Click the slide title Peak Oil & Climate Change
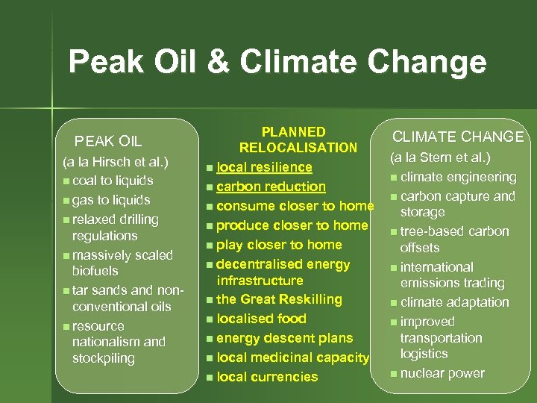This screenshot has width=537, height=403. [x=277, y=62]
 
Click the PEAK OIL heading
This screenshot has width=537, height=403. [x=108, y=141]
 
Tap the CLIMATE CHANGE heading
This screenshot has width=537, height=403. [x=458, y=137]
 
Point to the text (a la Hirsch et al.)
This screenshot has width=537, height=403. [x=116, y=161]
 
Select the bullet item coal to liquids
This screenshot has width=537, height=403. [x=113, y=181]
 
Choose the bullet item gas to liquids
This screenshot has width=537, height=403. [x=111, y=200]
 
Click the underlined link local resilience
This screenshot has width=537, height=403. [x=264, y=167]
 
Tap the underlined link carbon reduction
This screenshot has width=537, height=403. [x=271, y=187]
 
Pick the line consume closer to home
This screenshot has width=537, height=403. [x=295, y=206]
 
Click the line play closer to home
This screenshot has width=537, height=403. [x=279, y=245]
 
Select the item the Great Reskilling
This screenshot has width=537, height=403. [x=279, y=299]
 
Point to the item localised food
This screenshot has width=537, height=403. [x=261, y=319]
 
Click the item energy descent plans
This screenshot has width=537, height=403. [x=284, y=338]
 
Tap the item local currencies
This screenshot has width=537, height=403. [x=267, y=377]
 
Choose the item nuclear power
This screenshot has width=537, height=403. [x=442, y=373]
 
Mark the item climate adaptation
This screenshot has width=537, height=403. [x=454, y=302]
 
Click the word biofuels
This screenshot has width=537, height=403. [x=95, y=271]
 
